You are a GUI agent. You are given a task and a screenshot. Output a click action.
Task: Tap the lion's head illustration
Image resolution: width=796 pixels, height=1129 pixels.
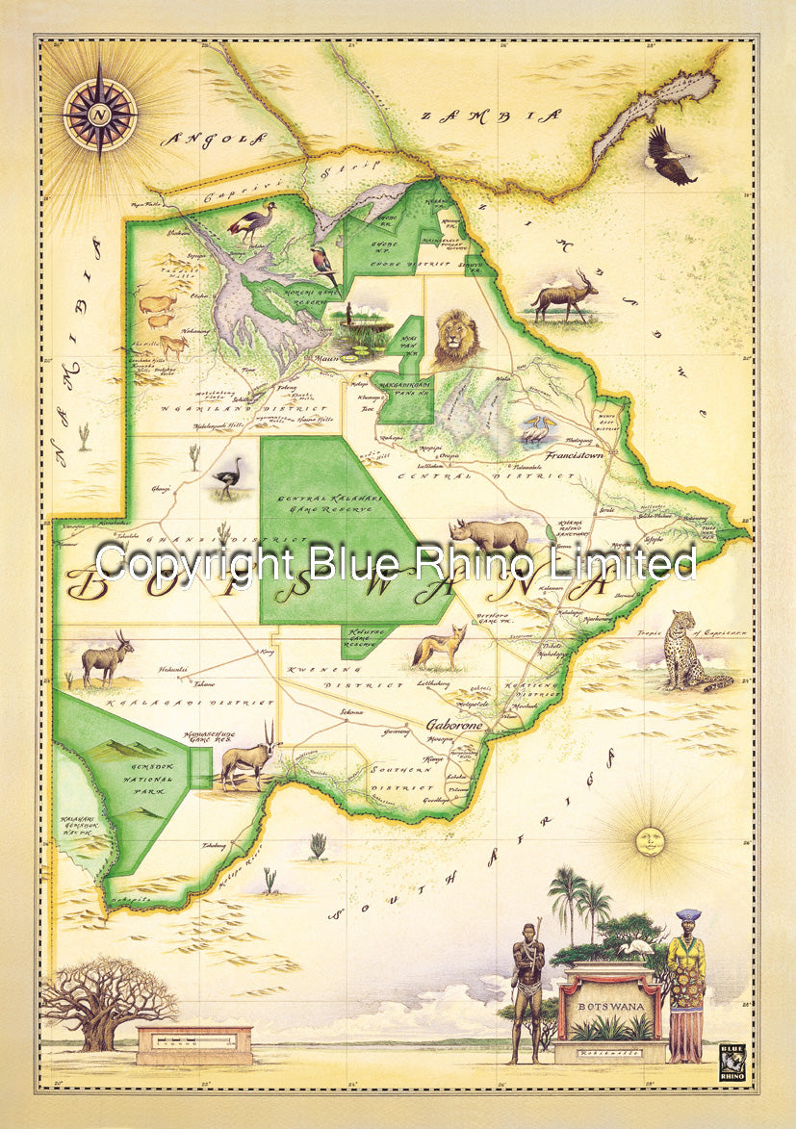click(x=455, y=340)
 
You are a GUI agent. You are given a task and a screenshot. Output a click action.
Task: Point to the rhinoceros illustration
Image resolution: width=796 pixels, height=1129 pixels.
click(x=490, y=536)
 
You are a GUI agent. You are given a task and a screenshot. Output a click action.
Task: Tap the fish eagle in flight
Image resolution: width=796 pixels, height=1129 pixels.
click(x=669, y=156)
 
